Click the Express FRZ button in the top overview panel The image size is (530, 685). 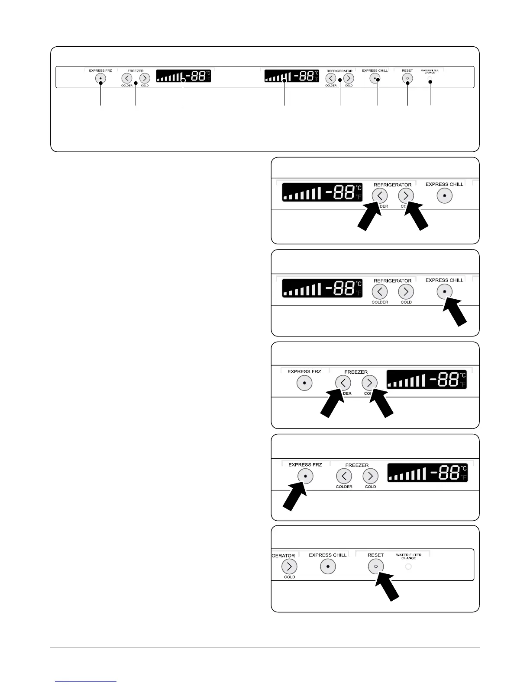100,78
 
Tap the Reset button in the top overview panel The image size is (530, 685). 407,78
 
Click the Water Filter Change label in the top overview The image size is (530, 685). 430,71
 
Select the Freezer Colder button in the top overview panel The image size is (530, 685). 126,78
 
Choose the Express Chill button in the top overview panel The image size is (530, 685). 375,78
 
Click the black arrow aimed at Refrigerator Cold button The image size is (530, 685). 417,218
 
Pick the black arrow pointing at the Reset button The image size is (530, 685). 389,587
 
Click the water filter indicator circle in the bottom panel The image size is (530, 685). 408,567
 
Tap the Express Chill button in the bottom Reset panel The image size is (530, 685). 328,567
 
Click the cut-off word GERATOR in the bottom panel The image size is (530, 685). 283,556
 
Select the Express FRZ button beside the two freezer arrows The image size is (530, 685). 304,383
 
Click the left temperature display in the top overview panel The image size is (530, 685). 184,76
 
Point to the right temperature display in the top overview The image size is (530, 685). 292,76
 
